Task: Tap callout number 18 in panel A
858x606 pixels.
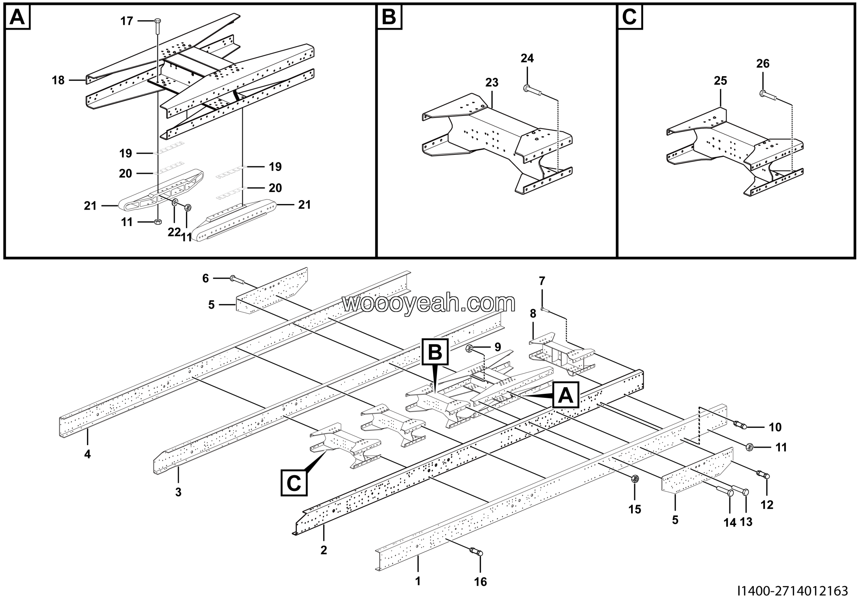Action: [x=58, y=80]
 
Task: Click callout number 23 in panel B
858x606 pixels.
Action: [x=492, y=82]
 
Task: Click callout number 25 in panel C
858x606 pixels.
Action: [x=721, y=81]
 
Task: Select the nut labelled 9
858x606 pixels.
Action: [x=470, y=349]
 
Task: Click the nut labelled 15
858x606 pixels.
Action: [x=634, y=479]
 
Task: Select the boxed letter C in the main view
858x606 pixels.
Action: [x=294, y=483]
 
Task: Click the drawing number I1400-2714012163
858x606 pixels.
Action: [x=793, y=591]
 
